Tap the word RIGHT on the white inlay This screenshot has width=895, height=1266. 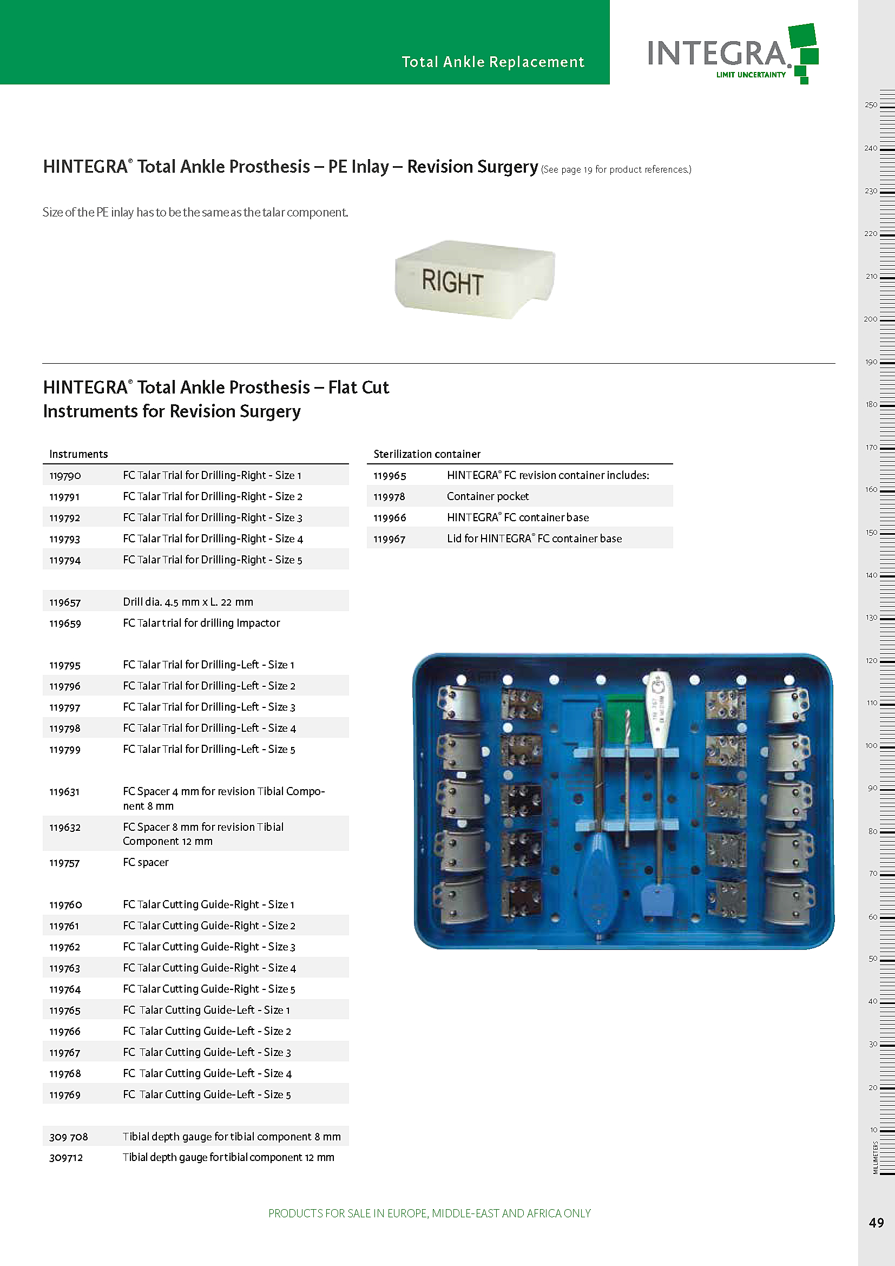452,282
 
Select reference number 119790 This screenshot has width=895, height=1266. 65,475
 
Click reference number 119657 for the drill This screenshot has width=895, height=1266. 65,602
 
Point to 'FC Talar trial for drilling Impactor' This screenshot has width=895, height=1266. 201,623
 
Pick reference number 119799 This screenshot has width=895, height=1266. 65,749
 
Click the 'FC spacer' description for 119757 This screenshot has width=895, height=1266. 146,862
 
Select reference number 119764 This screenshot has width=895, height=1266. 65,989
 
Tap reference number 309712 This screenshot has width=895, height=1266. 66,1157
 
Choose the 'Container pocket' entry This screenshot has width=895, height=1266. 488,496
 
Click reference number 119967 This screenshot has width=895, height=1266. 389,539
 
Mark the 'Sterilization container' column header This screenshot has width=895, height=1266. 426,454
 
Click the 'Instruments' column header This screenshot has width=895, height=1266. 78,454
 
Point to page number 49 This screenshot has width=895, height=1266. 876,1223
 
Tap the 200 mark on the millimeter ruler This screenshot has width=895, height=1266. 871,319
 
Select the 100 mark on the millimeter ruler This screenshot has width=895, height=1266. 871,745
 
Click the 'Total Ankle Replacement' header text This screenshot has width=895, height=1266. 493,62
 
